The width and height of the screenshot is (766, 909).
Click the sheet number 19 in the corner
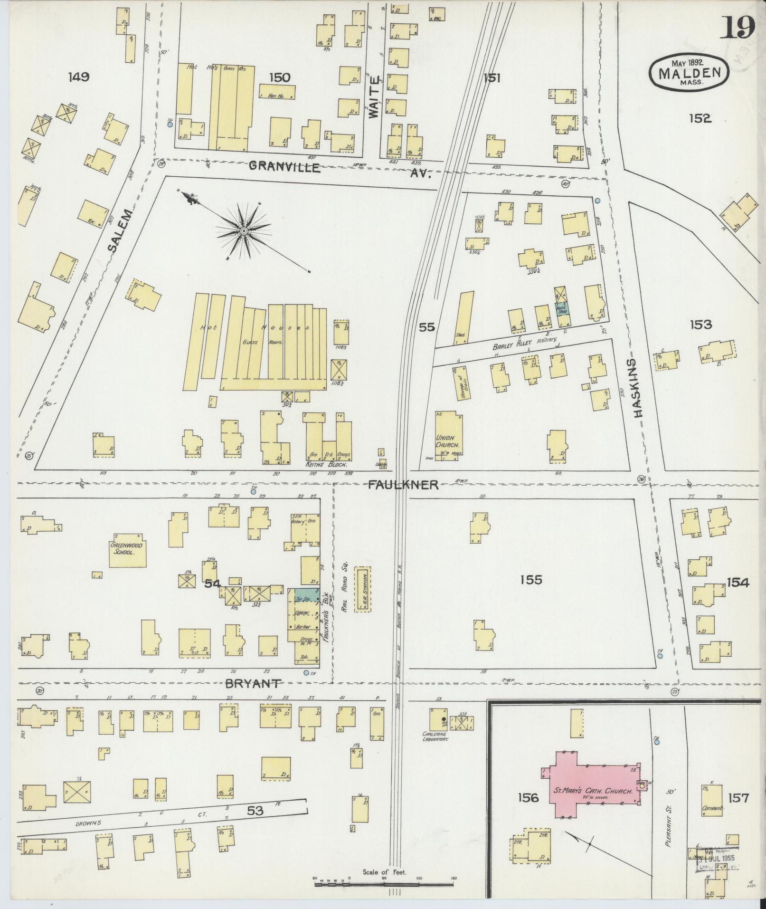pos(739,28)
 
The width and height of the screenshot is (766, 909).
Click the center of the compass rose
pos(244,231)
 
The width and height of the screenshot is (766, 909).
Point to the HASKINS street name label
pos(638,388)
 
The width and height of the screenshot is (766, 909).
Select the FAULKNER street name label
pos(403,484)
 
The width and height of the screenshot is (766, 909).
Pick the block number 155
pos(530,580)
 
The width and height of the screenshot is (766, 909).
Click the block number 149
pos(78,77)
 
